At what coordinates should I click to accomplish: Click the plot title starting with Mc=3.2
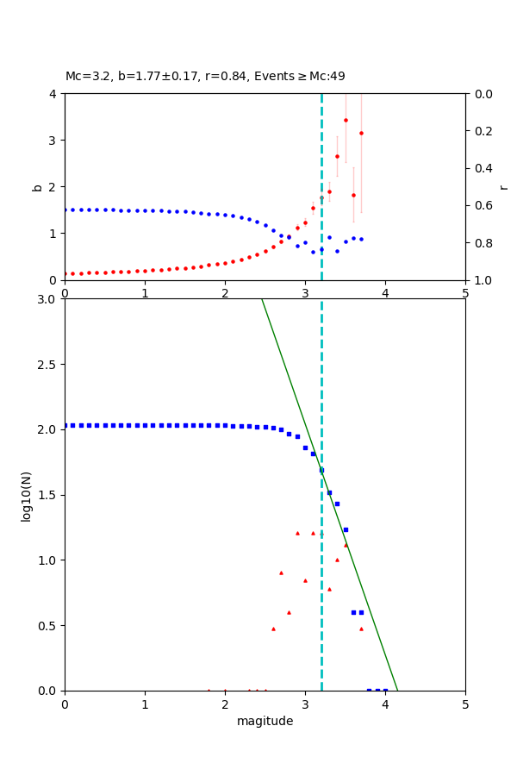click(205, 77)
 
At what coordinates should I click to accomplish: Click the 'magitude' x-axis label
click(265, 721)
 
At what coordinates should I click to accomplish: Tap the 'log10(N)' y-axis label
click(26, 495)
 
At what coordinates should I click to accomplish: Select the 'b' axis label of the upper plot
click(37, 186)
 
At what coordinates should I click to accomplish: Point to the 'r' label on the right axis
click(503, 186)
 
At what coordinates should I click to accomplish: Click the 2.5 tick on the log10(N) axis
click(48, 364)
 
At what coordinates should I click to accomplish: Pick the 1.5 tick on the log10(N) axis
click(48, 495)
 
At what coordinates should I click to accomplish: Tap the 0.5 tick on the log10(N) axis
click(48, 625)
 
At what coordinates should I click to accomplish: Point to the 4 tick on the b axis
click(53, 93)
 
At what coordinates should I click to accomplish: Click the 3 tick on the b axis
click(53, 140)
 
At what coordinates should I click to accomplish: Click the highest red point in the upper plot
click(346, 120)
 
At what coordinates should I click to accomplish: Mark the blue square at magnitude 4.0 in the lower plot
click(385, 691)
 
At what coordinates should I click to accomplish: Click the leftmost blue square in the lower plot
click(65, 425)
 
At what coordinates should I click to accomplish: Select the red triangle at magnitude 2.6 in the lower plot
click(273, 629)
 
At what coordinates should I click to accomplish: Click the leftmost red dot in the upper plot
click(65, 273)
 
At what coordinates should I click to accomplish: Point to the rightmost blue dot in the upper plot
click(361, 239)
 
